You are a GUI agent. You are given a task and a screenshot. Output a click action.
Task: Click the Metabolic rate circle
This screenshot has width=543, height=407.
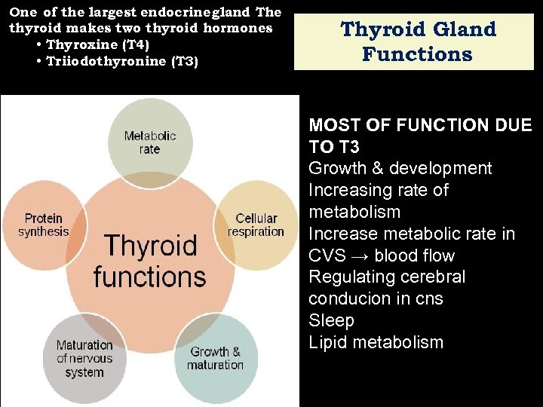pos(150,141)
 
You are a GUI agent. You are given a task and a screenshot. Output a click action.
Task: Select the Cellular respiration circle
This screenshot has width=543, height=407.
pos(256,225)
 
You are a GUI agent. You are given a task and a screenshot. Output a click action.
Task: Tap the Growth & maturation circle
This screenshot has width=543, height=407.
pos(216,357)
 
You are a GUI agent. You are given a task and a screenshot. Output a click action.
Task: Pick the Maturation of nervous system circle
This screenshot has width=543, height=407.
pos(84,358)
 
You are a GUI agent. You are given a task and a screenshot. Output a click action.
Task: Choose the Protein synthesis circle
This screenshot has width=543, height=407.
pos(43,225)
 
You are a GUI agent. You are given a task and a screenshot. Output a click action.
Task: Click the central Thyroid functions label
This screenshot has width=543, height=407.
pos(149,261)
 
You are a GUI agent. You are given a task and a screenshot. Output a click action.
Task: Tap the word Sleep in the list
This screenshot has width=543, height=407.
pos(331,320)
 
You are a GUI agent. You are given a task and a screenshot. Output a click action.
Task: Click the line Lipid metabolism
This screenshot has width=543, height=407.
pos(376,342)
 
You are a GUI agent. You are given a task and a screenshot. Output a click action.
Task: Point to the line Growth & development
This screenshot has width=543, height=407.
pos(400,168)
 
